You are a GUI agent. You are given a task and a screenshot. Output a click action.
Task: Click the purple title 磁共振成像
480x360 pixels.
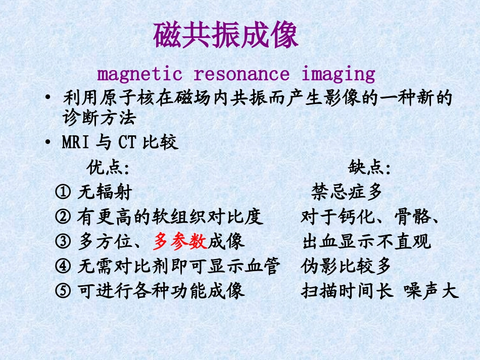click(x=226, y=35)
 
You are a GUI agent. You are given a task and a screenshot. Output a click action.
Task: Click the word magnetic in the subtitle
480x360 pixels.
click(x=139, y=74)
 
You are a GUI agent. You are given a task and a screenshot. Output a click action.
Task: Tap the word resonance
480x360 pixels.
click(x=242, y=74)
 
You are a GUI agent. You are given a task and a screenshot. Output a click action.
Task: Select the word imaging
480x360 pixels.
click(x=339, y=74)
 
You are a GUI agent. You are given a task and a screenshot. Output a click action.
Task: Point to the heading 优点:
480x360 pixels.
click(x=108, y=167)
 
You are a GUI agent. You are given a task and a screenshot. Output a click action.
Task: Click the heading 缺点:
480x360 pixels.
click(x=369, y=167)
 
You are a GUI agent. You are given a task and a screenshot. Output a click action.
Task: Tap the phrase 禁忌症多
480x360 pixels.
click(x=347, y=192)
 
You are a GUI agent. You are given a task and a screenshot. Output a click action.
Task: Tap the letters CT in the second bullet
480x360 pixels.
click(x=127, y=143)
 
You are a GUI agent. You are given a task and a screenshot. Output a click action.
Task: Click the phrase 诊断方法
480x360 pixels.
click(x=99, y=119)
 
